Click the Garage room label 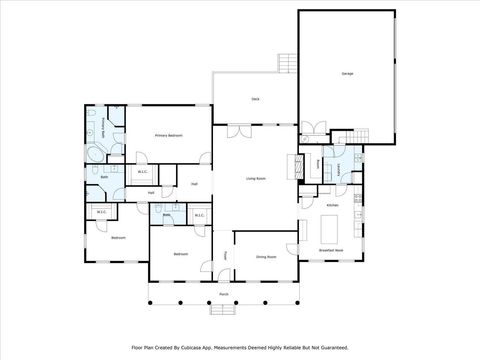pyautogui.click(x=347, y=74)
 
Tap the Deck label pyautogui.click(x=255, y=99)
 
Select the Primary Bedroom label pyautogui.click(x=168, y=134)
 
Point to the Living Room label pyautogui.click(x=255, y=179)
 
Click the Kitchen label pyautogui.click(x=332, y=205)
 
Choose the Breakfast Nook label pyautogui.click(x=331, y=249)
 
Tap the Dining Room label pyautogui.click(x=266, y=256)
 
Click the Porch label pyautogui.click(x=224, y=296)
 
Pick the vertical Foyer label pyautogui.click(x=226, y=255)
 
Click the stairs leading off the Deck pyautogui.click(x=287, y=63)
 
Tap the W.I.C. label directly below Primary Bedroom pyautogui.click(x=142, y=171)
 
